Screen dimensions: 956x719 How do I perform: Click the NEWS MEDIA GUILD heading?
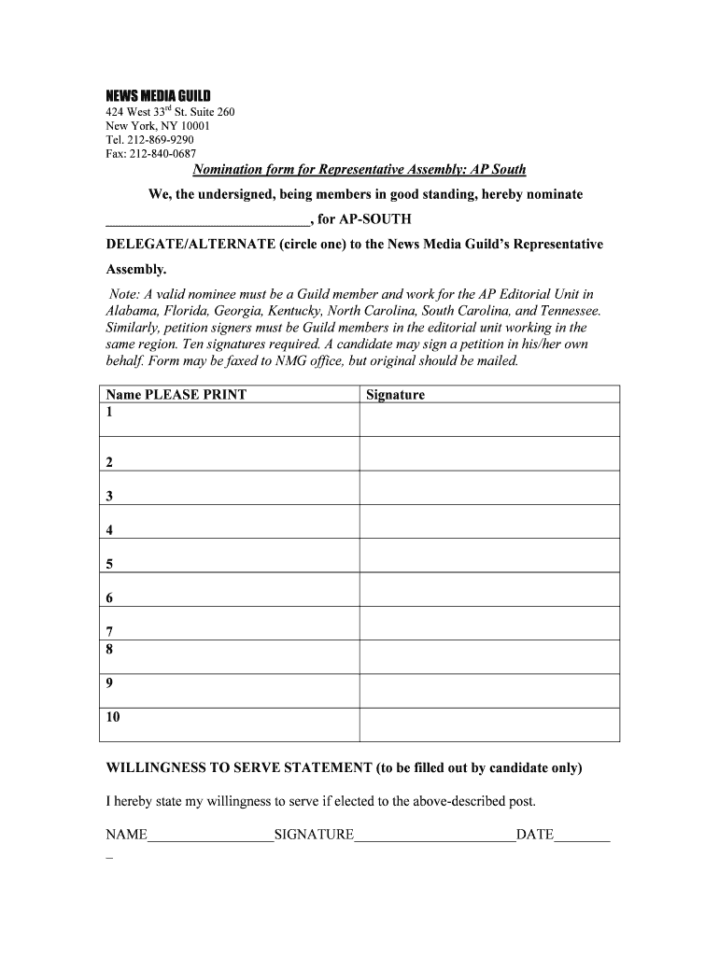click(x=158, y=96)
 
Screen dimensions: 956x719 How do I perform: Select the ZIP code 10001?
click(x=194, y=126)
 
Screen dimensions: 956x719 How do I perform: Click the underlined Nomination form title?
click(x=359, y=169)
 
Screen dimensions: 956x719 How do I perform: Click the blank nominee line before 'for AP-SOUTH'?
click(x=206, y=220)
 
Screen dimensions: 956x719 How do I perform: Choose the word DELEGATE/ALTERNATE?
click(x=189, y=244)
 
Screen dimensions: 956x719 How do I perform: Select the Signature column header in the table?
click(x=395, y=394)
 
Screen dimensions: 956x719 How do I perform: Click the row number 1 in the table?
click(x=110, y=411)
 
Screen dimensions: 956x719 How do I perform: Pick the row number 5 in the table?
click(x=110, y=564)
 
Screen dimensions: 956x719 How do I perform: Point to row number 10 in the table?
click(x=113, y=717)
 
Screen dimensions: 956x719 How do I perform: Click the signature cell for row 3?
click(x=488, y=487)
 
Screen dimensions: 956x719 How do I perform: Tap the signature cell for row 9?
click(x=488, y=691)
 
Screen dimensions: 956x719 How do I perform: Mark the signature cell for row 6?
click(x=488, y=589)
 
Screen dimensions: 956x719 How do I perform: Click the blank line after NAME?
click(x=210, y=836)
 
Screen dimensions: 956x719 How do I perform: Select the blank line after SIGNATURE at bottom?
click(x=434, y=836)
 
